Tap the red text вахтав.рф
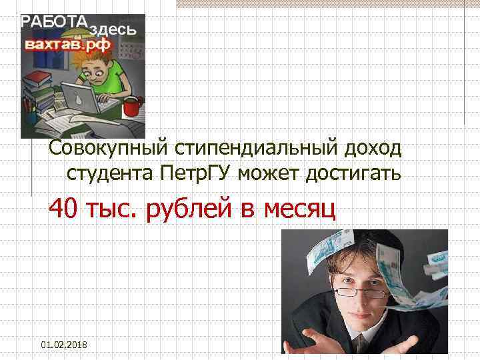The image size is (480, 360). click(x=69, y=45)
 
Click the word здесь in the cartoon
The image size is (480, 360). click(x=113, y=29)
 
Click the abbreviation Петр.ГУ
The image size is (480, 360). click(x=201, y=175)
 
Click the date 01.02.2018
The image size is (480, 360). click(x=67, y=343)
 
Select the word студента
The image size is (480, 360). click(x=110, y=175)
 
